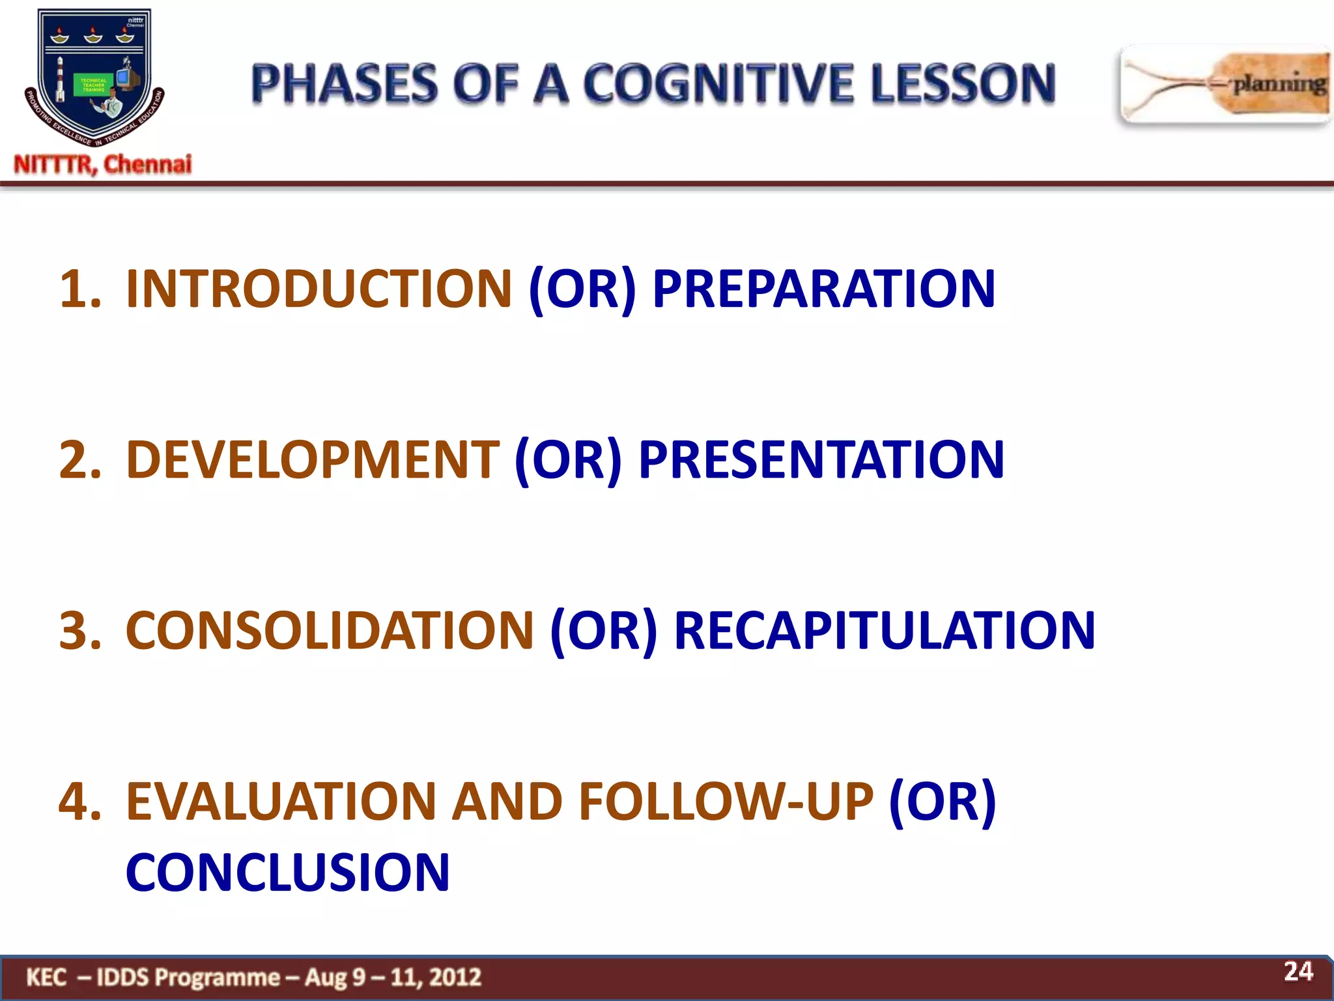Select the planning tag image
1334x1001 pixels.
1225,85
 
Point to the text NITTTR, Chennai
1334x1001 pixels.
103,164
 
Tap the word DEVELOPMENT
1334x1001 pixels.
312,459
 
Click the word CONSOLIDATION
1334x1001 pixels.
330,630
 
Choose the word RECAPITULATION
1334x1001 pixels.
884,630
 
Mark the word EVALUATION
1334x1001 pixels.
281,801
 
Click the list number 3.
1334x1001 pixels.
79,630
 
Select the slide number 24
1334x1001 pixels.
1298,971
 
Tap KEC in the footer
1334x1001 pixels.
46,977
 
